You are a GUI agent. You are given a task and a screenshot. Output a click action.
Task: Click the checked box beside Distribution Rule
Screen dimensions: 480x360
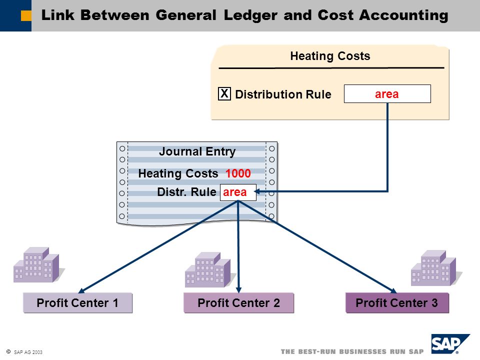(224, 93)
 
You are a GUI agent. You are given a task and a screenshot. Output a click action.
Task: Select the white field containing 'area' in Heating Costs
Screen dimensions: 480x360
(387, 93)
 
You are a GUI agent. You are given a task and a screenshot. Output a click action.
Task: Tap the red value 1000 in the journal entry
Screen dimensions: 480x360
(238, 173)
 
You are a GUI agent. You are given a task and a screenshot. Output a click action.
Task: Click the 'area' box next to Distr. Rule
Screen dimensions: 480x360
(238, 192)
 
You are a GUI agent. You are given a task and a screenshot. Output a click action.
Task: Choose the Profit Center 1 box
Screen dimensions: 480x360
(78, 303)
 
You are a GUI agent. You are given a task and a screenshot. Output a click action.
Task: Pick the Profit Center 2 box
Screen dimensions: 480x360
(239, 303)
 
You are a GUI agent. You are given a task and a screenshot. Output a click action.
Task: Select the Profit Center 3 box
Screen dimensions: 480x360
(397, 303)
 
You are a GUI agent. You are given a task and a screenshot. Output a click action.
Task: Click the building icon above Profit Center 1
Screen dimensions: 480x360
(38, 265)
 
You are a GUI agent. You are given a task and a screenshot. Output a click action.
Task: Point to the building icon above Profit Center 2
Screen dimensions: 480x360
(209, 269)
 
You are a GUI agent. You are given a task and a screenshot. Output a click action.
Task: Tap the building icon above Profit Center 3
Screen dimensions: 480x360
(435, 268)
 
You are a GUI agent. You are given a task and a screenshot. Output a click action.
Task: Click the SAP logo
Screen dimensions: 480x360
(450, 344)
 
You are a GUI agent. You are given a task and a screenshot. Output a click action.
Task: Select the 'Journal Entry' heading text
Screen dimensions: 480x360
(197, 151)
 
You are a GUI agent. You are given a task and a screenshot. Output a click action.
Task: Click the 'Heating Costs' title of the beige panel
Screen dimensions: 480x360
(330, 56)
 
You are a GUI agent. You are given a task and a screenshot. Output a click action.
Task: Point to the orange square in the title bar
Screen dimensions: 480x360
(26, 15)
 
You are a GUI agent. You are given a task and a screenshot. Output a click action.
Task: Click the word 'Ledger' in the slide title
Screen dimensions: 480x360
(250, 15)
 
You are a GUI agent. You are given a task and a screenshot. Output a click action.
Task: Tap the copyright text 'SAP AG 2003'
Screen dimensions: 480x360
(28, 352)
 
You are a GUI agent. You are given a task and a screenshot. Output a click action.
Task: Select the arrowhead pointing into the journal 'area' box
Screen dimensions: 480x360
(258, 191)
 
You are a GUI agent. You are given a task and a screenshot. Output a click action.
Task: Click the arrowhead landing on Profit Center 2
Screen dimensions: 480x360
(239, 289)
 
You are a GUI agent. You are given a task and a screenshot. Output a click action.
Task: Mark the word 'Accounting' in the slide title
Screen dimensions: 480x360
(404, 15)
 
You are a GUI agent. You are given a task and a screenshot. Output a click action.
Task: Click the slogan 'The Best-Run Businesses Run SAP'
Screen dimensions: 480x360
(352, 351)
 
